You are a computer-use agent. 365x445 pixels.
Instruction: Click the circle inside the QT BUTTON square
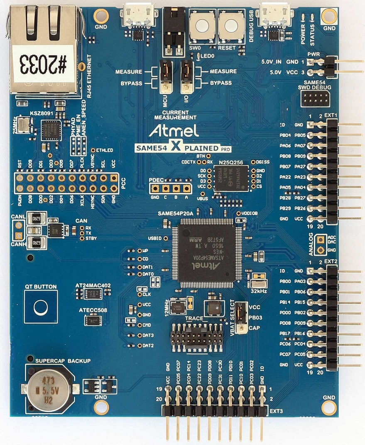(41, 307)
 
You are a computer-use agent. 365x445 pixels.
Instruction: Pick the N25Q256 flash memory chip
(231, 178)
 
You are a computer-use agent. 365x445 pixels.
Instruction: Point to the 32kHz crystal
(258, 282)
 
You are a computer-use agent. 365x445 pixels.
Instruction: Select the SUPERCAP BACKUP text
(63, 361)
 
